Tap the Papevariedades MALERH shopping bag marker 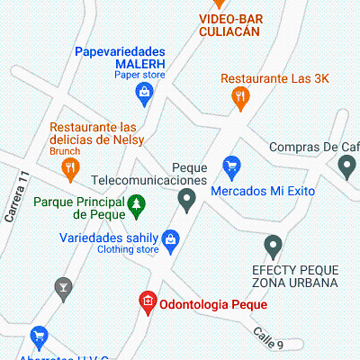[143, 91]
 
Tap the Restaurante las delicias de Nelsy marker [70, 166]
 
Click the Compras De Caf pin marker [346, 166]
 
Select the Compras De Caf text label [314, 147]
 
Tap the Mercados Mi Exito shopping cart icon [232, 166]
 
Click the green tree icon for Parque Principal [136, 206]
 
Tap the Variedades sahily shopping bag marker [172, 238]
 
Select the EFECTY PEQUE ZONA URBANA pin [274, 245]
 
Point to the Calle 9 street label [267, 337]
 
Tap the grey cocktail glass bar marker [64, 288]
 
